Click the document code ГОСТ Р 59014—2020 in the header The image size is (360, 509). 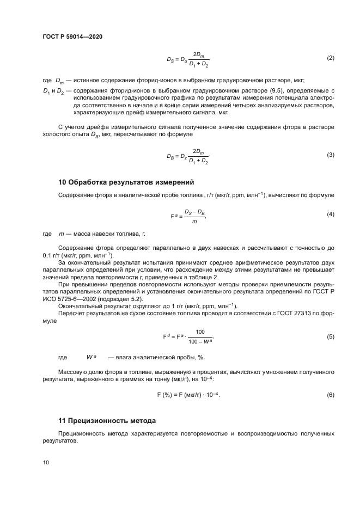72,36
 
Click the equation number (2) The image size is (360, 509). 330,58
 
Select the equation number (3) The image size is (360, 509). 330,155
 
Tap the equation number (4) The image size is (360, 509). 330,214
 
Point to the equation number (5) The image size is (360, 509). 330,337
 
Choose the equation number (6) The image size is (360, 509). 330,394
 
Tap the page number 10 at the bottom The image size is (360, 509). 46,462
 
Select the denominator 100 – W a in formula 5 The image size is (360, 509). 200,341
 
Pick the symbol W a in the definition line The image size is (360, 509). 91,357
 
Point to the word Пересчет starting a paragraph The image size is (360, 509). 71,314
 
